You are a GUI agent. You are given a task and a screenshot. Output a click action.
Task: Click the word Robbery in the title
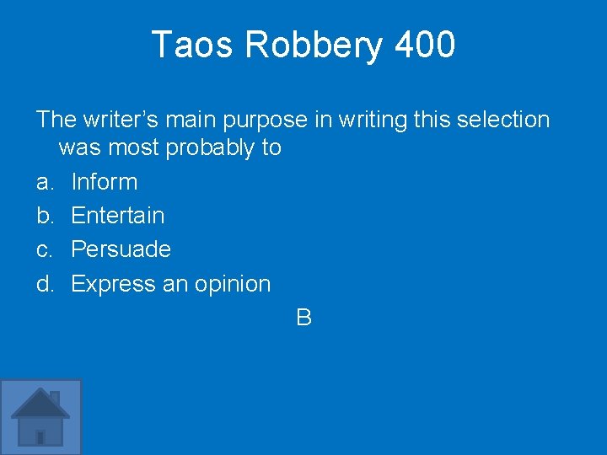[313, 45]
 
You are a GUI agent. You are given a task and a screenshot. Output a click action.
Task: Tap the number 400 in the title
[425, 45]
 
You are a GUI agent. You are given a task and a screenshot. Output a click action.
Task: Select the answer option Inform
[104, 182]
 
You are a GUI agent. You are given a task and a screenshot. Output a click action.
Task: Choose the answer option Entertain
[117, 216]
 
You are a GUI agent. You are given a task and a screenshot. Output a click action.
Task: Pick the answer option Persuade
[121, 249]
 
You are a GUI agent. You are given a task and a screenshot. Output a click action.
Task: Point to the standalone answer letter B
[304, 318]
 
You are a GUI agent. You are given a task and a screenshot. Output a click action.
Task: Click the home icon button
[40, 417]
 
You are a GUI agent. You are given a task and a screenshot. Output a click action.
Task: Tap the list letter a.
[44, 182]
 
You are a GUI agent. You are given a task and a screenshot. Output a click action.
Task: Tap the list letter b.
[44, 216]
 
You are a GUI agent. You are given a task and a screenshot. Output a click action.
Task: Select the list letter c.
[44, 249]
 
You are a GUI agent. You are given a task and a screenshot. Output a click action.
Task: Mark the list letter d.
[44, 284]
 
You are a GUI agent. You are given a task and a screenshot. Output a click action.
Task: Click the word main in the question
[187, 120]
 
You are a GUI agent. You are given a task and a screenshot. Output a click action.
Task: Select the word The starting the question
[56, 120]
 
